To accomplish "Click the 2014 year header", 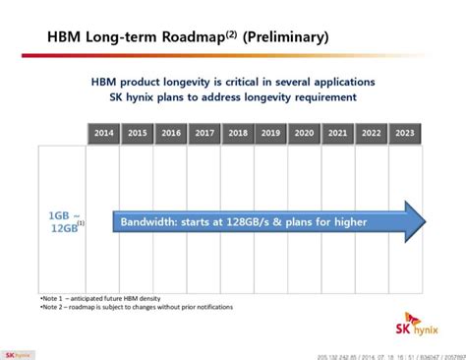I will pyautogui.click(x=103, y=132).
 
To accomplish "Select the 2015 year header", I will pyautogui.click(x=138, y=132).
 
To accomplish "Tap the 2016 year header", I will pyautogui.click(x=171, y=132).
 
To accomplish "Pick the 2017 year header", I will pyautogui.click(x=204, y=132).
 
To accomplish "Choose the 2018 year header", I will pyautogui.click(x=238, y=132).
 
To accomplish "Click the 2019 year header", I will pyautogui.click(x=271, y=132).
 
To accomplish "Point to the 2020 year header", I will pyautogui.click(x=305, y=132).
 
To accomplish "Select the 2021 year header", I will pyautogui.click(x=338, y=132).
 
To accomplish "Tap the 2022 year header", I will pyautogui.click(x=372, y=132).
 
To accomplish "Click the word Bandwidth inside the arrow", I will pyautogui.click(x=151, y=222).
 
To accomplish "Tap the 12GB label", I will pyautogui.click(x=63, y=229).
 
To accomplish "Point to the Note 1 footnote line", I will pyautogui.click(x=100, y=297).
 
